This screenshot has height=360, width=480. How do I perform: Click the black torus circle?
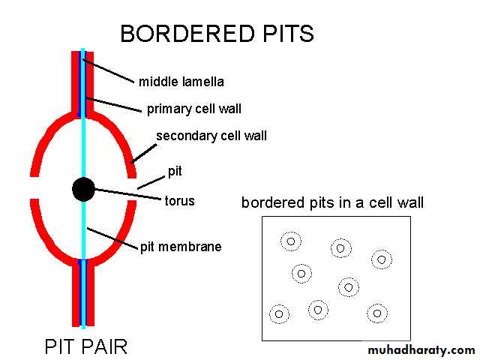83,189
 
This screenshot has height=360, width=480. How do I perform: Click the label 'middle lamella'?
181,81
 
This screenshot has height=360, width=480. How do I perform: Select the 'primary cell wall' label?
194,109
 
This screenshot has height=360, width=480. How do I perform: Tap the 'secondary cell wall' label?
211,136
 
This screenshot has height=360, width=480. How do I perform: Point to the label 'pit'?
175,172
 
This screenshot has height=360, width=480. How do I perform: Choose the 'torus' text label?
179,200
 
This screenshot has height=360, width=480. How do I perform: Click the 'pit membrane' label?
181,246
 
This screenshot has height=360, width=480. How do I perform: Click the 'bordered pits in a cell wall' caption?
332,202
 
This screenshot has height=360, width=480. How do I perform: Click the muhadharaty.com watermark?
421,350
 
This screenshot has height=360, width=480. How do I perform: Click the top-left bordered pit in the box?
291,241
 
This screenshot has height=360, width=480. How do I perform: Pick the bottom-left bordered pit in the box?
279,313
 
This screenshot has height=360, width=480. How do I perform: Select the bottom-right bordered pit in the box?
376,313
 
